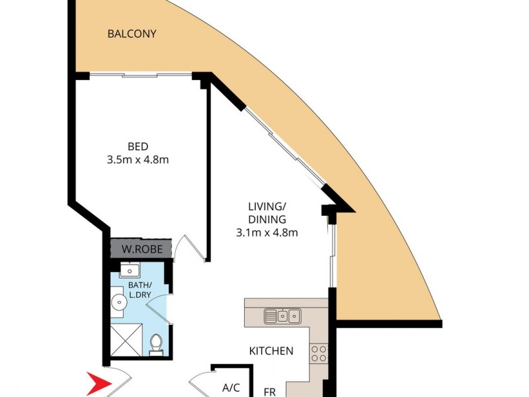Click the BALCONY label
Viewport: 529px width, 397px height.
[x=132, y=34]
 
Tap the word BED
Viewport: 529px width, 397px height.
[x=138, y=147]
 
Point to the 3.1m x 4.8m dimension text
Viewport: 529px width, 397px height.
[x=267, y=232]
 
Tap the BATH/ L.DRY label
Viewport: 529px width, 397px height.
[x=140, y=289]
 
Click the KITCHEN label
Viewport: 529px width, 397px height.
[x=270, y=351]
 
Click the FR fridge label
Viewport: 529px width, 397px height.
[x=270, y=392]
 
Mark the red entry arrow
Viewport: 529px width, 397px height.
[x=100, y=383]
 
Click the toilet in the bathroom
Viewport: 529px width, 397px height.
[x=156, y=345]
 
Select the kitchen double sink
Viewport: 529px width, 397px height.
[x=282, y=316]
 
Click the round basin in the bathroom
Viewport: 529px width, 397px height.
[x=119, y=302]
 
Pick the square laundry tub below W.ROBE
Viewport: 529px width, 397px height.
[x=129, y=270]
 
